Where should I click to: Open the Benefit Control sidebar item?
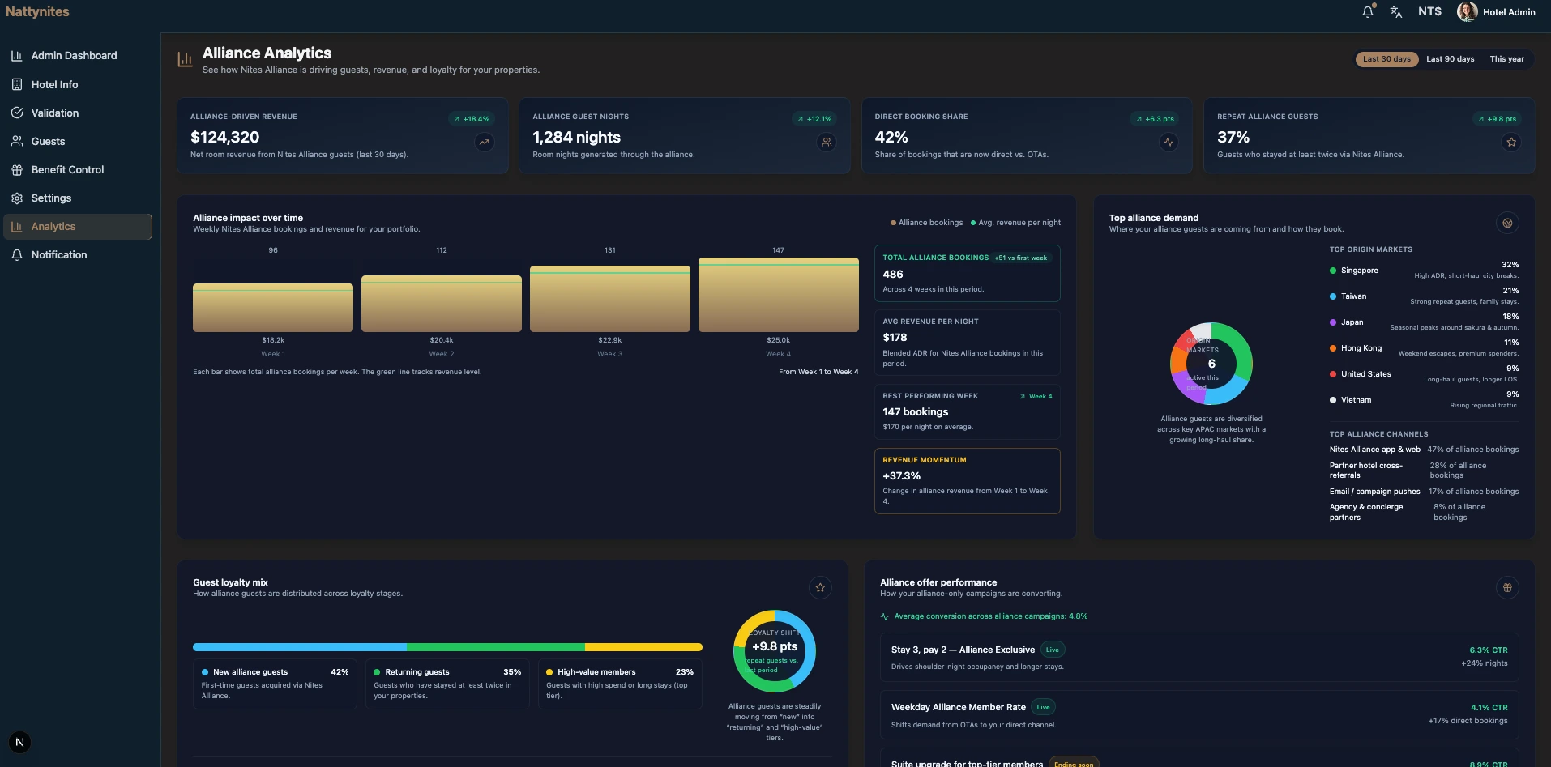67,170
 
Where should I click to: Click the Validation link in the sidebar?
54,113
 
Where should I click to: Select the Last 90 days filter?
1450,59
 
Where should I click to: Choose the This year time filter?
1506,59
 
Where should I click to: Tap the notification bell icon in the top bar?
1368,12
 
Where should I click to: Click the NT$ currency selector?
1429,11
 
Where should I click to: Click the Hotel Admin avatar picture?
1467,11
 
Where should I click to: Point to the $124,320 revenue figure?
225,138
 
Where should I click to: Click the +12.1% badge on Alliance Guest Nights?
814,119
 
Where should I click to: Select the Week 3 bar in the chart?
609,298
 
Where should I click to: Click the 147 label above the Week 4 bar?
778,250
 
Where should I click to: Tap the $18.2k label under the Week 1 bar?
273,340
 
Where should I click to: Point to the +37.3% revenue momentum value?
901,476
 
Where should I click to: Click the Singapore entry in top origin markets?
1359,271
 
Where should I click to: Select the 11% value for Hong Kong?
1510,343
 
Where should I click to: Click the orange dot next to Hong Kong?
1333,348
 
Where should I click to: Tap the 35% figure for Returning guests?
512,672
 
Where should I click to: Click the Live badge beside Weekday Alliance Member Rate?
1043,707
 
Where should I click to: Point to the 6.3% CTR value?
1488,650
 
